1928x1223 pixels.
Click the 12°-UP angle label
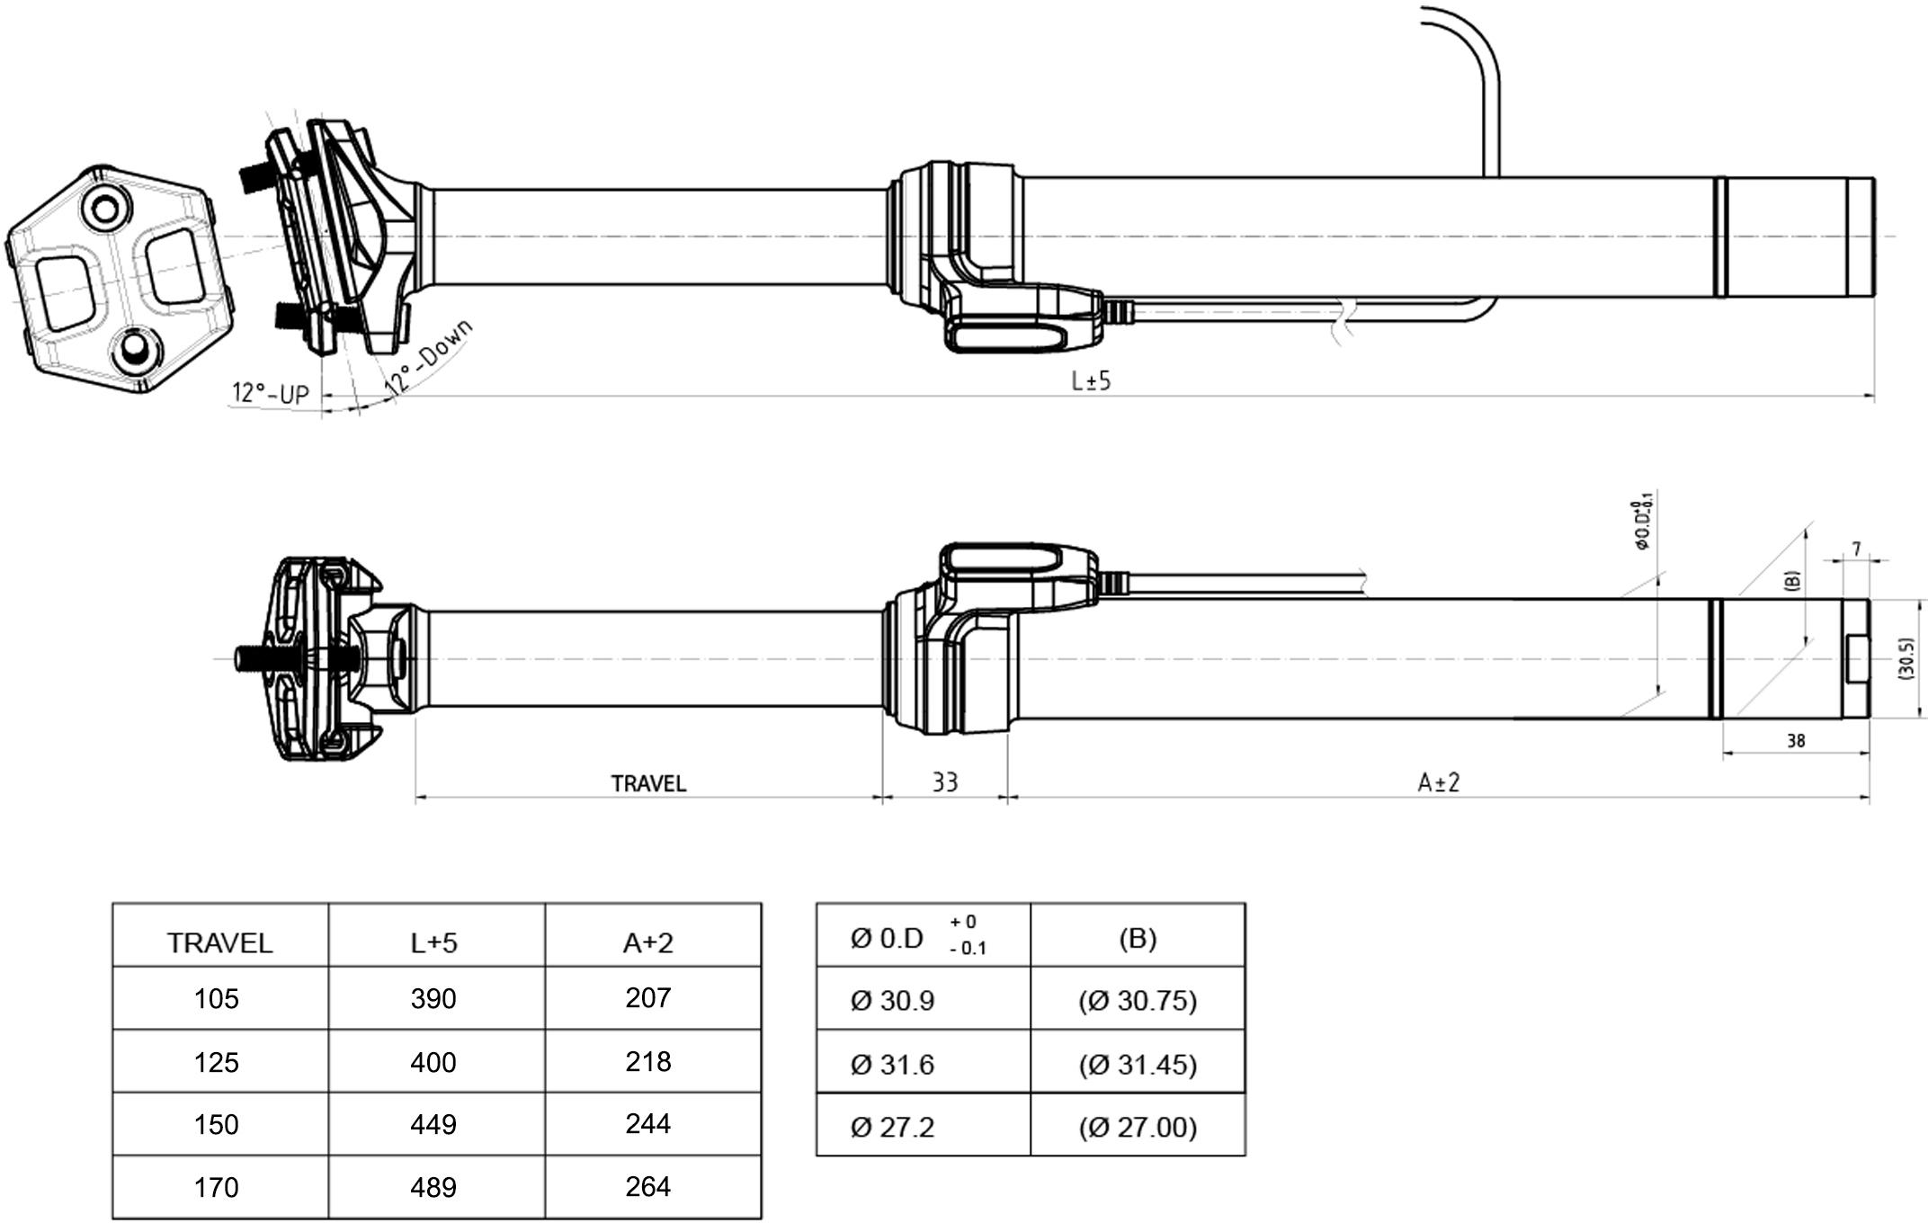[x=270, y=394]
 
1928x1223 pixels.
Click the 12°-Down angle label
[x=429, y=357]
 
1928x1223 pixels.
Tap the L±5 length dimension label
[x=1091, y=381]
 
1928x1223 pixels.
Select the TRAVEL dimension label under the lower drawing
[x=648, y=784]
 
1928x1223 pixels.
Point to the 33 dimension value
[x=944, y=783]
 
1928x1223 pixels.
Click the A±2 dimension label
[x=1438, y=783]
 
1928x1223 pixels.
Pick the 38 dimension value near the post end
[x=1795, y=741]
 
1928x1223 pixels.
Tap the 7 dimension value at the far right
[x=1855, y=549]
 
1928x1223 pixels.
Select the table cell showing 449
[x=433, y=1125]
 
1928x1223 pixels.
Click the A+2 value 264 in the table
[x=648, y=1187]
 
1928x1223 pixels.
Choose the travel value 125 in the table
[x=217, y=1063]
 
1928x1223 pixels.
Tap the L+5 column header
[x=433, y=942]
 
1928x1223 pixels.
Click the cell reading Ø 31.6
[x=892, y=1065]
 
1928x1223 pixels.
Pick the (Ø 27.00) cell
[x=1138, y=1127]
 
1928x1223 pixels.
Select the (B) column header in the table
[x=1138, y=939]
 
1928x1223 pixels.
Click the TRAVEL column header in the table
[x=219, y=942]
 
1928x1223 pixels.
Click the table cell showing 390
[x=433, y=999]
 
